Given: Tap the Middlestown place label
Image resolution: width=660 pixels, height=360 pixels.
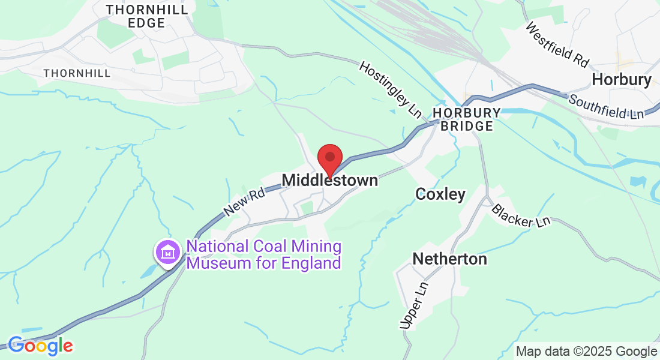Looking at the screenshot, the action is [x=330, y=180].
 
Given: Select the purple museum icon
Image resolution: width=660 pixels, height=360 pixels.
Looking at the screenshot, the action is [x=168, y=253].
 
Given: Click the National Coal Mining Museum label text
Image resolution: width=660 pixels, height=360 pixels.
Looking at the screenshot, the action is [x=264, y=254].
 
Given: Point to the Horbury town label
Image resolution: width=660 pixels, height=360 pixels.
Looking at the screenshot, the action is [x=622, y=80].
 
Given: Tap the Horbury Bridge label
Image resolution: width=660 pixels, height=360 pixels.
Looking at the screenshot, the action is [x=467, y=119].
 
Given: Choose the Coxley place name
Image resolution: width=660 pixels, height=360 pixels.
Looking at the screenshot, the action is [x=440, y=194].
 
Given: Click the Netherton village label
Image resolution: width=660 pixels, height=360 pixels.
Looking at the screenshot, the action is [x=449, y=259].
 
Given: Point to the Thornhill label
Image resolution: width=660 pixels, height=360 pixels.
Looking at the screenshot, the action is [x=77, y=73].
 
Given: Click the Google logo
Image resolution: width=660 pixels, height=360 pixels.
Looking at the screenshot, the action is [x=40, y=346].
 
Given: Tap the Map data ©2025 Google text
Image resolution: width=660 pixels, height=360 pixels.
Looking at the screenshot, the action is [x=587, y=352].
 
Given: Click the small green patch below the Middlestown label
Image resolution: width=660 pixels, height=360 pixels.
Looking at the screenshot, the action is [x=307, y=208].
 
